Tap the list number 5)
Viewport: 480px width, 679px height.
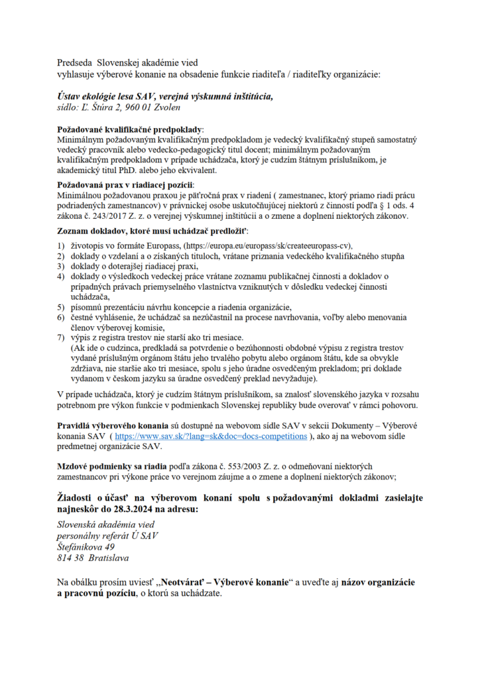point(60,306)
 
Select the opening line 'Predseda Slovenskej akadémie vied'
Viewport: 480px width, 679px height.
point(132,62)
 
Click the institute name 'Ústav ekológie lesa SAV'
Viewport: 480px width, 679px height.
point(113,96)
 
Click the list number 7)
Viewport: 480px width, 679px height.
point(60,338)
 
